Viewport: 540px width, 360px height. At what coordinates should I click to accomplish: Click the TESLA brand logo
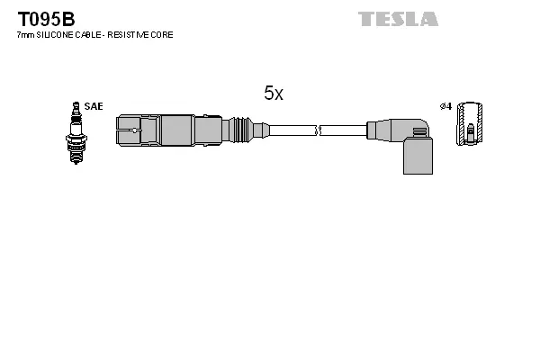[398, 18]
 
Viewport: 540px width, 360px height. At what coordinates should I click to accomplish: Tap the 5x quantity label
[274, 93]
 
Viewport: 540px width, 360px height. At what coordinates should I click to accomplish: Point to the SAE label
[93, 106]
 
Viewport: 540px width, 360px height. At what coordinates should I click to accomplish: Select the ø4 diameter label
[445, 106]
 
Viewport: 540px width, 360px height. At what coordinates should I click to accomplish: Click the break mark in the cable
[318, 130]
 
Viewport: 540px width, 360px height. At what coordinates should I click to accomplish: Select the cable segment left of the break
[292, 130]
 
